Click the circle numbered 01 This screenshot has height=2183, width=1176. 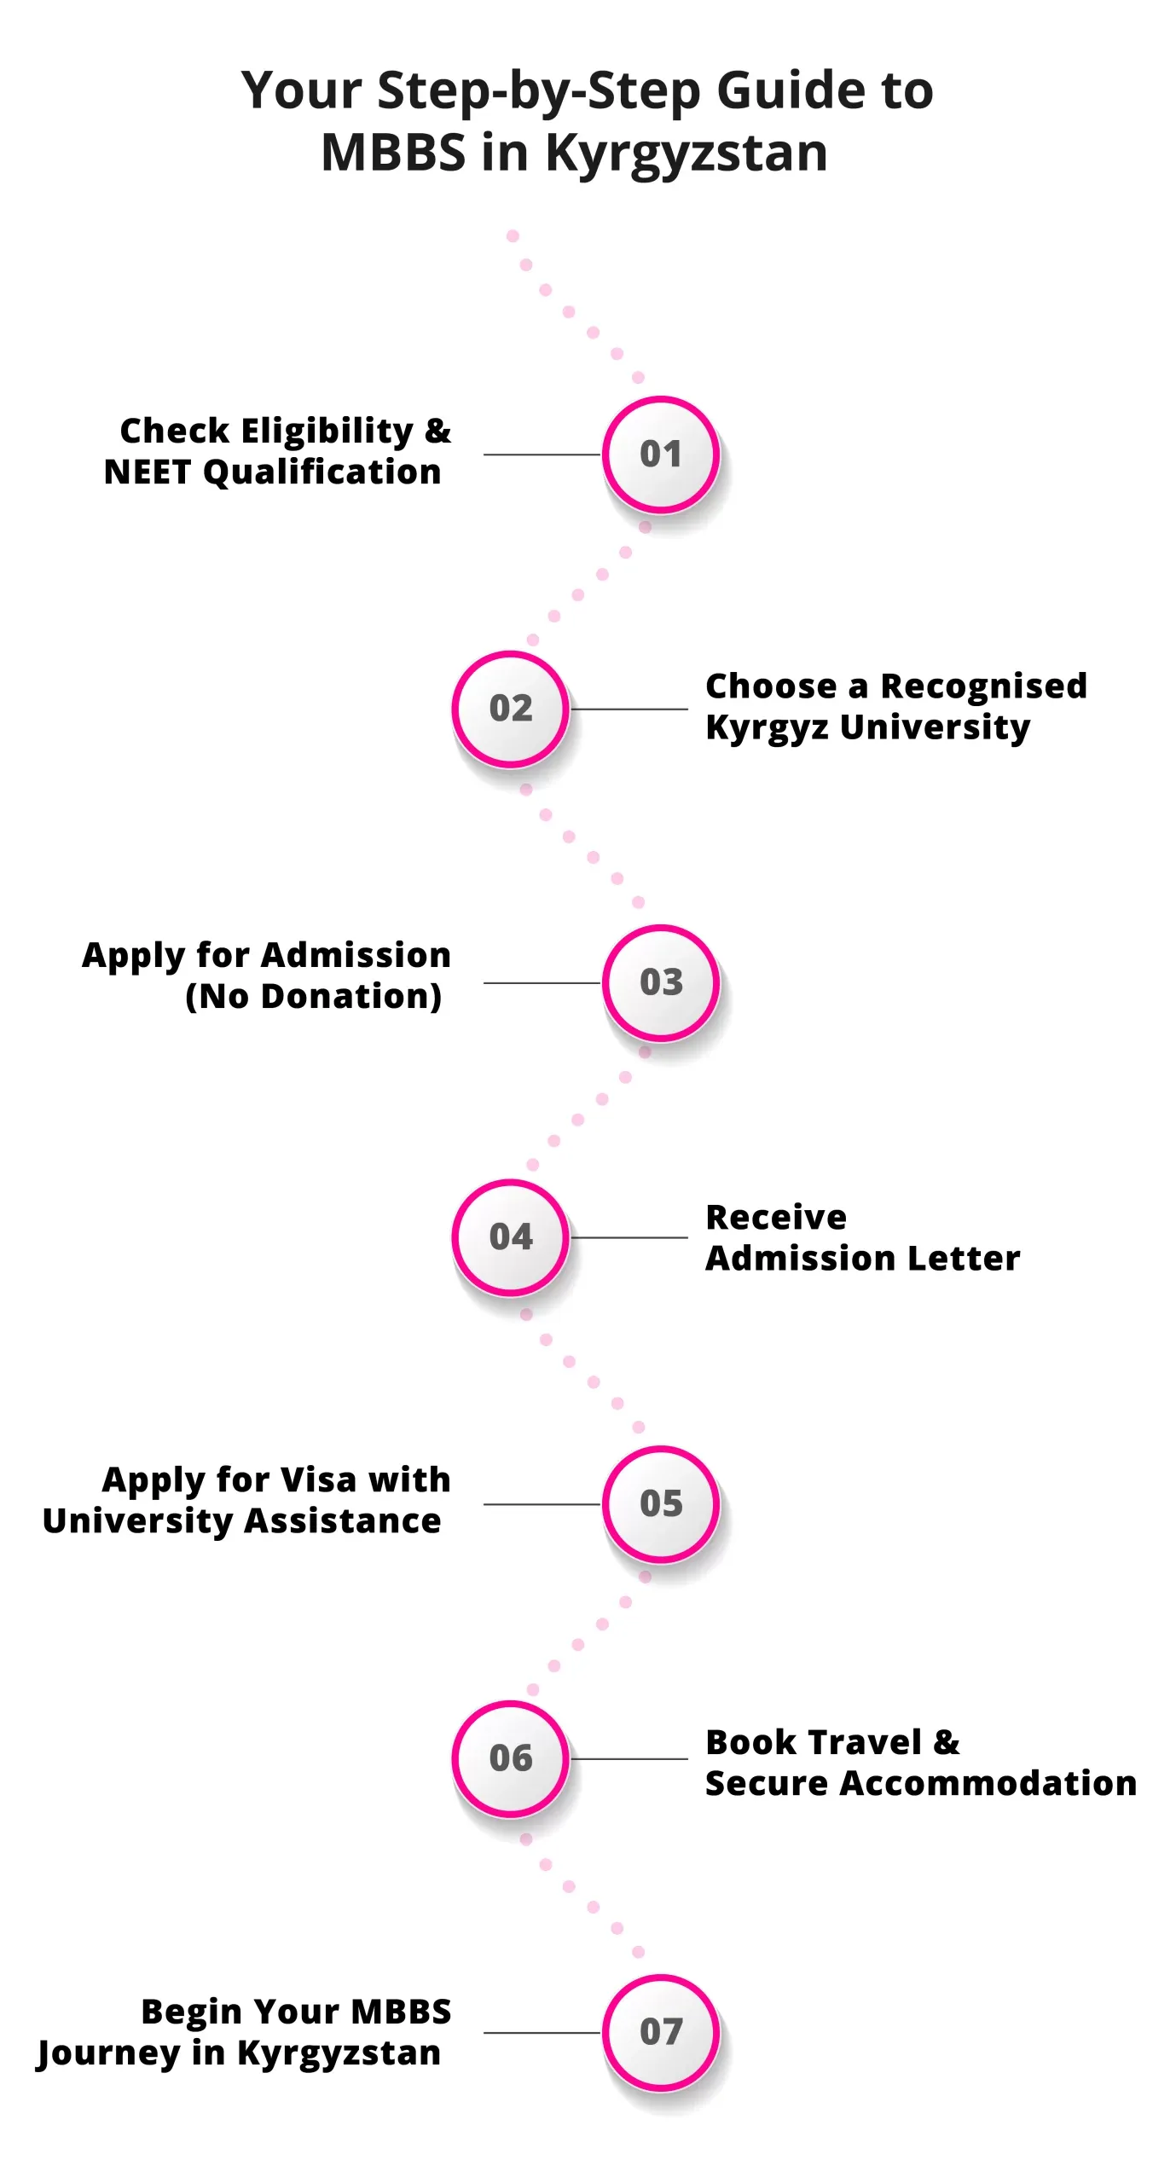[x=661, y=455]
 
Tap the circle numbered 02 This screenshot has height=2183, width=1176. [x=511, y=709]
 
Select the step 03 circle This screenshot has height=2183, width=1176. [x=661, y=982]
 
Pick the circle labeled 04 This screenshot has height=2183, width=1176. [x=511, y=1237]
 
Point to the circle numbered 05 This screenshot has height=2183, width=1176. [x=661, y=1504]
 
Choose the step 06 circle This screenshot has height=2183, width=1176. [x=511, y=1759]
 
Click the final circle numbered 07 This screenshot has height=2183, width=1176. [x=661, y=2032]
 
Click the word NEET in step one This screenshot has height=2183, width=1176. [x=148, y=472]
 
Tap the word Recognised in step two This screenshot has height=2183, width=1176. [x=983, y=686]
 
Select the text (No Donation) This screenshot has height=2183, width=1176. [x=314, y=996]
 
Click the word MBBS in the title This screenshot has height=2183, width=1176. [x=393, y=153]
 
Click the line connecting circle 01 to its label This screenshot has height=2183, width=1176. [x=542, y=455]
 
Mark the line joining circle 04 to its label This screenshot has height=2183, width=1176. [x=629, y=1237]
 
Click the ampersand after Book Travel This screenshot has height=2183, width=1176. [x=947, y=1742]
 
